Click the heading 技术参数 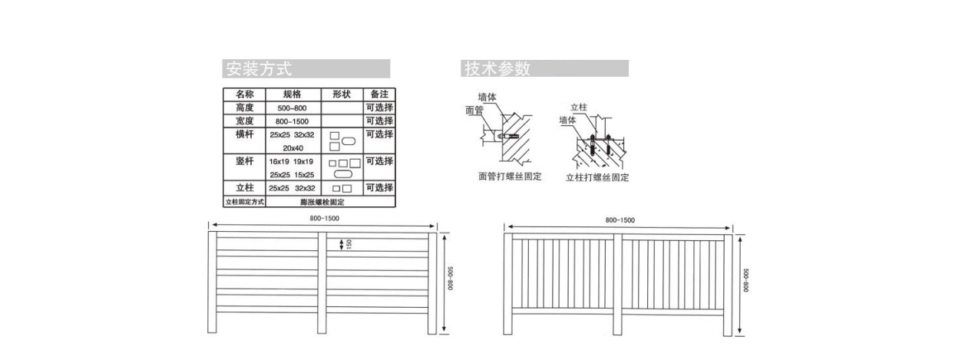(497, 69)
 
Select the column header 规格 (292, 94)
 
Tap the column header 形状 (342, 94)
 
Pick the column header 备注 (379, 94)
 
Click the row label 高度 (244, 108)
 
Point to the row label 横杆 (244, 134)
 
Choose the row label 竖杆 (244, 161)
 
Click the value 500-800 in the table (292, 109)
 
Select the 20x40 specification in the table (292, 148)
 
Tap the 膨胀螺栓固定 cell (322, 202)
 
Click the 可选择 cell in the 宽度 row (379, 121)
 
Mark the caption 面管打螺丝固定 (510, 177)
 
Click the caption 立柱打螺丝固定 (597, 178)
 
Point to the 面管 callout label (474, 111)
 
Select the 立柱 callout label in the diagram (578, 108)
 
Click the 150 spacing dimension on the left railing (349, 244)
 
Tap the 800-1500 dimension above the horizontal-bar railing (324, 219)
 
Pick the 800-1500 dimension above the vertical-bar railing (620, 220)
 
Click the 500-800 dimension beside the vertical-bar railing (745, 280)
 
